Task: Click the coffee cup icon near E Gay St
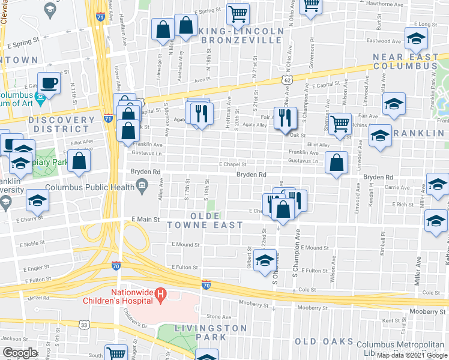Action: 49,82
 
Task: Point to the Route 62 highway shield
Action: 288,79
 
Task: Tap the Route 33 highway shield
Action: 85,325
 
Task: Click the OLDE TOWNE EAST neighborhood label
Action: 217,220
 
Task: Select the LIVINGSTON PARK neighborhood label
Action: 211,332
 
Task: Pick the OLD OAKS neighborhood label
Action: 324,341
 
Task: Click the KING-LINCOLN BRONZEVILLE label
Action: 241,35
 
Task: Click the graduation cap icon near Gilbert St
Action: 264,260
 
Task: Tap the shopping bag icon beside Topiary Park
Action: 79,161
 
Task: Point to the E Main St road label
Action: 146,220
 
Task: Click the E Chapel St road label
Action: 233,164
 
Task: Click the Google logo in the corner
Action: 20,353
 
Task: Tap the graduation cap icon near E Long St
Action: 415,40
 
